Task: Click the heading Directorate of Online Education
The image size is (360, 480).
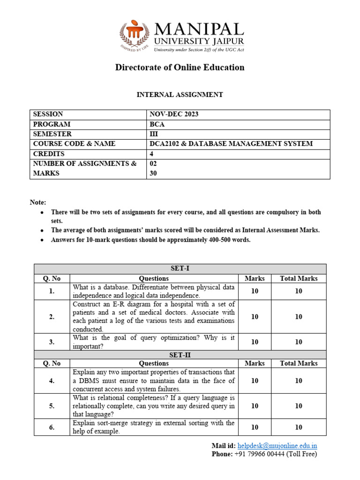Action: (x=180, y=67)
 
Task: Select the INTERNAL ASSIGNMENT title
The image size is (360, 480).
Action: (x=180, y=95)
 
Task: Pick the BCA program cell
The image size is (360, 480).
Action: (x=157, y=124)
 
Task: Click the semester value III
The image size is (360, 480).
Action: (x=154, y=134)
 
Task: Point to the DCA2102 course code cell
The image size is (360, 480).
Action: (x=231, y=144)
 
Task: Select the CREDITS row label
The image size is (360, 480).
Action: (x=49, y=154)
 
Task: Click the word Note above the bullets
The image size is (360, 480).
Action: (x=38, y=202)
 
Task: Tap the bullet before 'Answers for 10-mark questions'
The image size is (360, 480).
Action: (x=42, y=240)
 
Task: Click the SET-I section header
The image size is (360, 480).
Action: (x=180, y=269)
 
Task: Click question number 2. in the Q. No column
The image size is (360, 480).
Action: (x=52, y=316)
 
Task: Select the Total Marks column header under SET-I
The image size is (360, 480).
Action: (x=299, y=278)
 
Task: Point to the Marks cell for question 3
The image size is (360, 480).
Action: (x=255, y=342)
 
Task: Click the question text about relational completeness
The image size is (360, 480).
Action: (x=154, y=406)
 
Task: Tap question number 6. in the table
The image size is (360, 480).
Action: (x=52, y=427)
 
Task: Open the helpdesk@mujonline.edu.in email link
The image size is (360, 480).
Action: (x=277, y=445)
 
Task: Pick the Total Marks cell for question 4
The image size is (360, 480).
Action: (x=299, y=381)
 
